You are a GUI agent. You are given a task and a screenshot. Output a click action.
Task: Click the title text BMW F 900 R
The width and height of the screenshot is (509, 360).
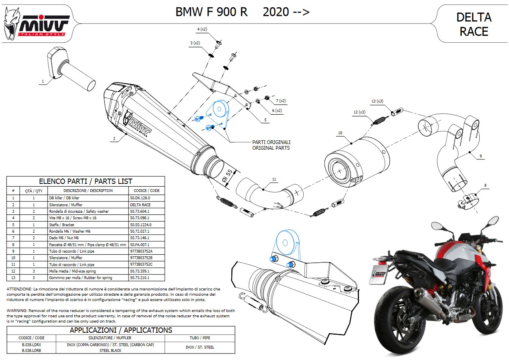(x=211, y=12)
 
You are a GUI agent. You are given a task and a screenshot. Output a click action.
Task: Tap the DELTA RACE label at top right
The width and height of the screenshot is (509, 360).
(x=474, y=24)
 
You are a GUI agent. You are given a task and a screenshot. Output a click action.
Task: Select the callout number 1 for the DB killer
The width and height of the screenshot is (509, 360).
(x=42, y=81)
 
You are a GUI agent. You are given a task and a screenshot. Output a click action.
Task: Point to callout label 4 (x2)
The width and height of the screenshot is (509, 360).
(x=202, y=29)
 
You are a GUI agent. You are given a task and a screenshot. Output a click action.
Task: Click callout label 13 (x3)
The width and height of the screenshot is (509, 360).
(x=378, y=101)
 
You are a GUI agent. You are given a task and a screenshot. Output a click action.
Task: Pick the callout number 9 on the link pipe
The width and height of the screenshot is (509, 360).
(x=480, y=156)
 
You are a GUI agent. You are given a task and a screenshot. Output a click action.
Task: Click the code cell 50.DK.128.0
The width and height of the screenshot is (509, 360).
(x=140, y=198)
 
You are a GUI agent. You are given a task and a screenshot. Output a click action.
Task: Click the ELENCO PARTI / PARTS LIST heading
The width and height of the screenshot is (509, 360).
(x=85, y=181)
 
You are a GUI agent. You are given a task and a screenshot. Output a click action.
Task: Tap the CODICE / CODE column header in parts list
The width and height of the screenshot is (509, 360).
(x=146, y=190)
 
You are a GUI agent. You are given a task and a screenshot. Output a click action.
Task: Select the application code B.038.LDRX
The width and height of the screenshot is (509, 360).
(x=31, y=344)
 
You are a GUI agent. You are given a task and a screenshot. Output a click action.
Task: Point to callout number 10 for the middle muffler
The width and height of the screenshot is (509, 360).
(x=340, y=133)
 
